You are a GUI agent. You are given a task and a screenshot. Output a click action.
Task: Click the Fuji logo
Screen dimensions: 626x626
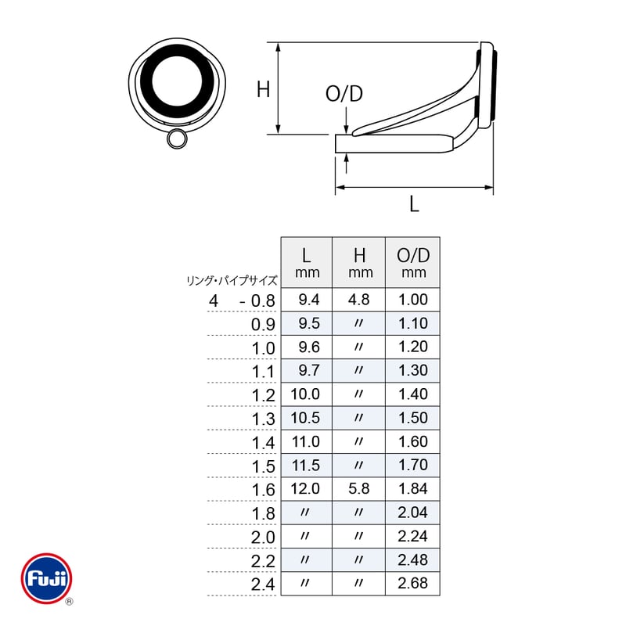tap(47, 578)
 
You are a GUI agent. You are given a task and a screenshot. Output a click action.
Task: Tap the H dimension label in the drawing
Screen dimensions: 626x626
tap(263, 89)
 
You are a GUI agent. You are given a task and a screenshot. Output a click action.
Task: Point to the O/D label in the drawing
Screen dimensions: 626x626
tap(344, 94)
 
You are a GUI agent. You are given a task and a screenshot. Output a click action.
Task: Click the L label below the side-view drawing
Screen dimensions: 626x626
tap(415, 204)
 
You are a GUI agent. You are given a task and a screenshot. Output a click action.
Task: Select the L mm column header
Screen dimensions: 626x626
tap(307, 262)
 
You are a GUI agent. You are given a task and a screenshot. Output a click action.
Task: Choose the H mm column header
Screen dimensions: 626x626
tap(359, 262)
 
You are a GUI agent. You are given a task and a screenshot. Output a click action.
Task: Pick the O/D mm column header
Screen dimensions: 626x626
tap(413, 262)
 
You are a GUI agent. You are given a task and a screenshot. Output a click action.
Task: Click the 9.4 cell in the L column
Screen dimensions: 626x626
tap(309, 300)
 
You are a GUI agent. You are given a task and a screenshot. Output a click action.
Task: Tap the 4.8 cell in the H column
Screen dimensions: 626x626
tap(359, 300)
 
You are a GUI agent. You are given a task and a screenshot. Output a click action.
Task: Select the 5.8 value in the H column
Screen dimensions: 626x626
tap(359, 488)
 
